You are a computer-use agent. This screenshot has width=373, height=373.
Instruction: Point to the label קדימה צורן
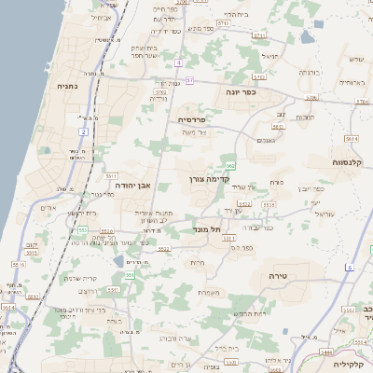pyautogui.click(x=210, y=178)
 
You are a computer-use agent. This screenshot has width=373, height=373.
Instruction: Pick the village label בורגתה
pyautogui.click(x=310, y=72)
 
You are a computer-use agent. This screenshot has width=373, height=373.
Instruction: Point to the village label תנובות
pyautogui.click(x=304, y=117)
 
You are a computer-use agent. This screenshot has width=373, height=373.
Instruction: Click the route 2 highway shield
pyautogui.click(x=83, y=131)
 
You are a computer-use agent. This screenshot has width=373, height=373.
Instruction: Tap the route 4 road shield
pyautogui.click(x=177, y=62)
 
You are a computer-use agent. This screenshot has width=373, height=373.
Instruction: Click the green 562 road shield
pyautogui.click(x=229, y=165)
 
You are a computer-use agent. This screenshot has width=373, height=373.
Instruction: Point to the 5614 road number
pyautogui.click(x=352, y=138)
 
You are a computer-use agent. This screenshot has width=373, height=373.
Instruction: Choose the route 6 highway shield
pyautogui.click(x=350, y=268)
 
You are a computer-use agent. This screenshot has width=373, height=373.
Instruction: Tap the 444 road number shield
pyautogui.click(x=326, y=352)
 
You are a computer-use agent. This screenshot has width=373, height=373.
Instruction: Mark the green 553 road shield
pyautogui.click(x=83, y=229)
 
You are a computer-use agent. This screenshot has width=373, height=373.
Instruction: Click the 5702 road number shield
pyautogui.click(x=160, y=93)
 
